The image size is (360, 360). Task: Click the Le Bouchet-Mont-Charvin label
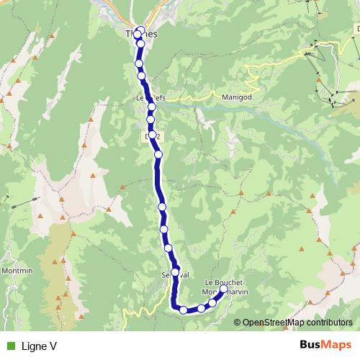[x=226, y=286]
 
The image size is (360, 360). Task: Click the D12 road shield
[x=151, y=135]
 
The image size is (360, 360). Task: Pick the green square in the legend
[x=10, y=346]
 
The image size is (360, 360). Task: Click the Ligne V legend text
[x=39, y=346]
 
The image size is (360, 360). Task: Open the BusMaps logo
[x=325, y=346]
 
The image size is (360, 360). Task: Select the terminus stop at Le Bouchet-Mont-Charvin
[x=223, y=289]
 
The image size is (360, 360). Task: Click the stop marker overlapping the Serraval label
[x=175, y=272]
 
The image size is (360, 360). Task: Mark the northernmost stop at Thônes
[x=140, y=30]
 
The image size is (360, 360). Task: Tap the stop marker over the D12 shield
[x=153, y=135]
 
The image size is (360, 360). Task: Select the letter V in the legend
[x=53, y=346]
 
